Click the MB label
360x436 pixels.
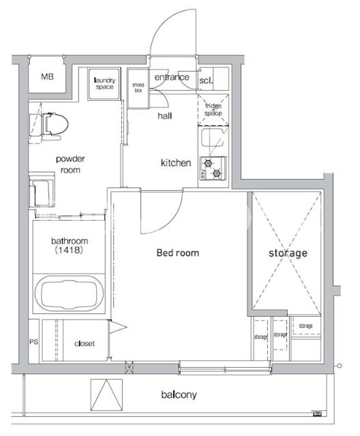coord(47,76)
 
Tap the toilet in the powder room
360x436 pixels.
coord(49,127)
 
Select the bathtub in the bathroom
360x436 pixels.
coord(70,293)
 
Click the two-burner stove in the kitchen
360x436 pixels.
coord(213,168)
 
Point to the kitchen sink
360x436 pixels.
coord(213,138)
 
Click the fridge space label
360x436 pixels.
coord(213,110)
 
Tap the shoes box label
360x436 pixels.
coord(138,88)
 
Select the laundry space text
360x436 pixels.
coord(104,83)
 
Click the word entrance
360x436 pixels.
coord(172,77)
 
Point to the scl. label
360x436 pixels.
coord(206,80)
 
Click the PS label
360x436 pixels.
coord(33,342)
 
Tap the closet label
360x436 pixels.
coord(85,343)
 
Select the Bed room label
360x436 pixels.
coord(178,253)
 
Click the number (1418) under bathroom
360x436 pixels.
coord(69,250)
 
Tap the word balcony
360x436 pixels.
coord(179,394)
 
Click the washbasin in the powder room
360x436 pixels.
coord(42,191)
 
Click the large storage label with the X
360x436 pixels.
coord(288,253)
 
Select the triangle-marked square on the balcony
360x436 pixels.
coord(106,395)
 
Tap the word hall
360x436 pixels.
coord(165,116)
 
